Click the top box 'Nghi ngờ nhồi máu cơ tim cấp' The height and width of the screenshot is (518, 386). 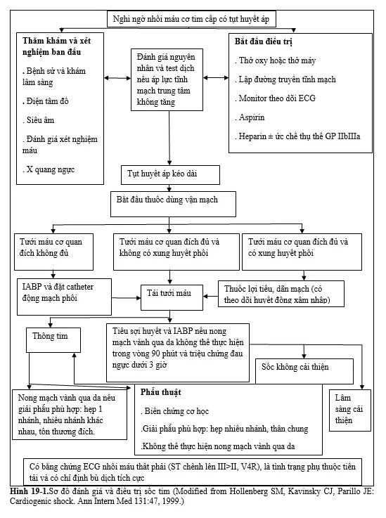coord(191,19)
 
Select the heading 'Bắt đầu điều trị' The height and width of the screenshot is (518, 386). coord(264,41)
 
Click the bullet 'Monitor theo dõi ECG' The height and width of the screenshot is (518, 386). coord(276,98)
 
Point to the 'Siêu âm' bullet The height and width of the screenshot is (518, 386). coord(39,120)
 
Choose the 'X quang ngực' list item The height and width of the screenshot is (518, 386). coord(49,170)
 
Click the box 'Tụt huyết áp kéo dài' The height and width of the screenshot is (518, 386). coord(170,175)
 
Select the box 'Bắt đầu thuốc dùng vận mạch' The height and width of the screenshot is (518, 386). coord(173,204)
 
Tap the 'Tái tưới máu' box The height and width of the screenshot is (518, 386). coord(172,297)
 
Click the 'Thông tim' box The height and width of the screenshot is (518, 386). coord(53,340)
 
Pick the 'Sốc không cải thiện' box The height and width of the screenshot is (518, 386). coord(304,371)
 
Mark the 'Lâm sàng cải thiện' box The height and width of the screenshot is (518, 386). coord(350,410)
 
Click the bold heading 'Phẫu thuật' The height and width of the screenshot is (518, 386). coord(160,392)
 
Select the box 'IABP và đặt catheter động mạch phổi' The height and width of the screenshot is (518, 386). coord(65,297)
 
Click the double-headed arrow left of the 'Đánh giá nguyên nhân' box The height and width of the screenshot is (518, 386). coord(117,78)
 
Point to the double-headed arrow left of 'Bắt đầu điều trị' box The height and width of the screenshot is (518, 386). coord(216,78)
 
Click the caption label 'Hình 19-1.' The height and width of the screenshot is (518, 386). coord(30,491)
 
